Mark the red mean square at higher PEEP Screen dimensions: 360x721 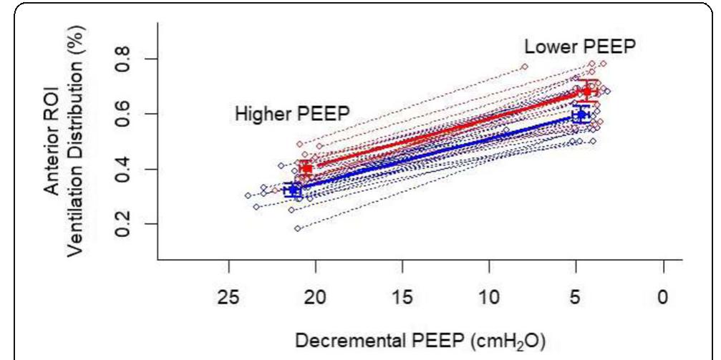[306, 168]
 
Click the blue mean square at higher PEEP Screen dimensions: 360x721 [292, 190]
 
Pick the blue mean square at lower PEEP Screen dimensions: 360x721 [581, 115]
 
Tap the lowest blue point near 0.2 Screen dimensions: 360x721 [297, 228]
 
